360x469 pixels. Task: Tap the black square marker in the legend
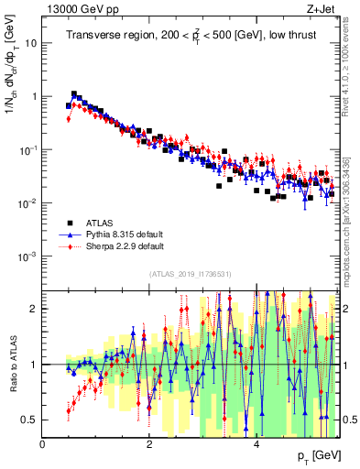[x=71, y=223]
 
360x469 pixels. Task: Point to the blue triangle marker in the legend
[x=71, y=234]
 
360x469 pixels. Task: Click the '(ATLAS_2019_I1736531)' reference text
[x=191, y=274]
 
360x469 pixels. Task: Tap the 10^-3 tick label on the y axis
[x=28, y=256]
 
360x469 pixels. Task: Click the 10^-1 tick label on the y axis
[x=28, y=149]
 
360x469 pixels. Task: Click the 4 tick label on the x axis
[x=256, y=444]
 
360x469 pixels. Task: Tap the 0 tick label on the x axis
[x=43, y=444]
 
